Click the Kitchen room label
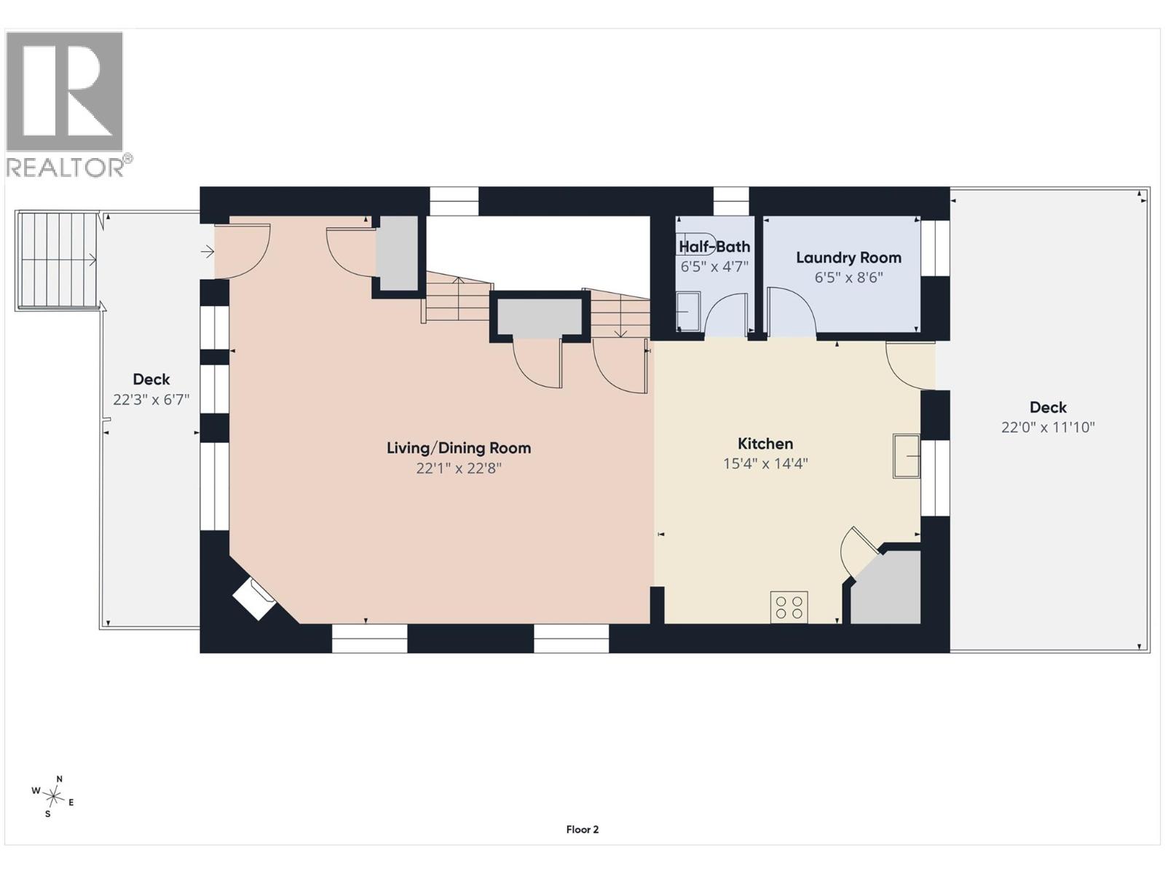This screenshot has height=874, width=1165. (x=765, y=444)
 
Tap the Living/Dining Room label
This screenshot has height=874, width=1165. (x=459, y=449)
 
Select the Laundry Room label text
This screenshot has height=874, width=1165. (x=849, y=258)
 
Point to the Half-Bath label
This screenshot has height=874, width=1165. (x=714, y=247)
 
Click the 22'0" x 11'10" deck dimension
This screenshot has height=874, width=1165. (x=1048, y=428)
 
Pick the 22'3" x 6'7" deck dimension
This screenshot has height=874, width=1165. (x=151, y=400)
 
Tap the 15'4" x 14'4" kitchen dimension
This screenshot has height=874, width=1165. (x=765, y=464)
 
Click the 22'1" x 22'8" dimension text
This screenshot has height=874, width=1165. (x=459, y=468)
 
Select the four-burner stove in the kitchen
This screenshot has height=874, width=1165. (x=789, y=607)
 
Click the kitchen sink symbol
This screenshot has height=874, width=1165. (x=907, y=456)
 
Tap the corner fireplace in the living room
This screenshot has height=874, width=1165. (x=253, y=599)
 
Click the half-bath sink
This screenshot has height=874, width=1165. (x=688, y=311)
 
